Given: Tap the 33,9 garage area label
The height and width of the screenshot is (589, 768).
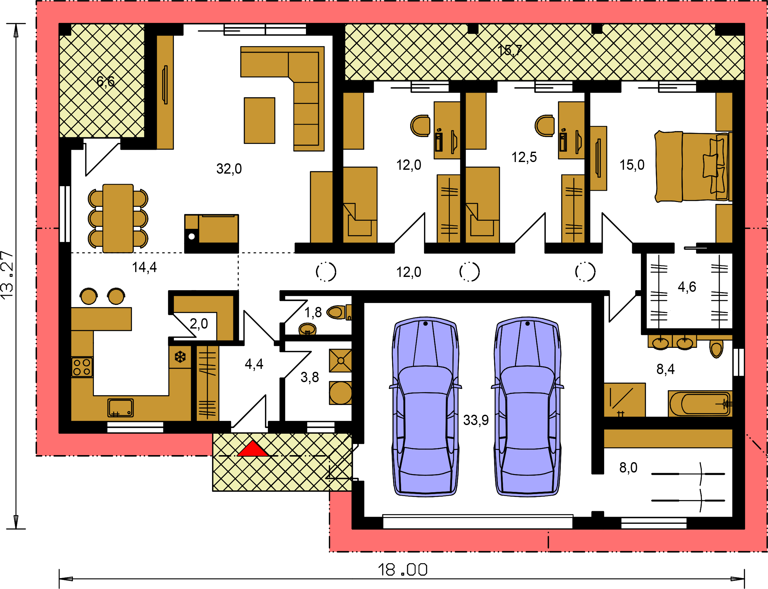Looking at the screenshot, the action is tap(476, 420).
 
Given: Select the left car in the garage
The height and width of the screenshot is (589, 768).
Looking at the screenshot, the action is tap(425, 407).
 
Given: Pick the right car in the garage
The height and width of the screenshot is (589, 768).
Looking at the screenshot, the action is tap(527, 407).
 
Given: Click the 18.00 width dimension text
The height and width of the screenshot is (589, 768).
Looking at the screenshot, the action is tap(402, 570).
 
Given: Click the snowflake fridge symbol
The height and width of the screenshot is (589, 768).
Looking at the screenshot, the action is tap(180, 357).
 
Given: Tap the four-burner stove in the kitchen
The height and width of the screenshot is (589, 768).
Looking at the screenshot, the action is tap(82, 367).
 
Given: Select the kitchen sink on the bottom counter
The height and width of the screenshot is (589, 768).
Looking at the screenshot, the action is tap(120, 408).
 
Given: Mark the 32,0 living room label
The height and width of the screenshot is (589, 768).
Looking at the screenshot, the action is tap(229, 169).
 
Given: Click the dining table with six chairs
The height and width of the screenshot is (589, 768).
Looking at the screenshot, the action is tap(118, 218).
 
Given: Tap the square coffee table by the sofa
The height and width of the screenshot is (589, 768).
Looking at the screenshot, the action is tap(259, 121).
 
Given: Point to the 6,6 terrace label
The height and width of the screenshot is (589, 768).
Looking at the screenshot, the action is tap(106, 82).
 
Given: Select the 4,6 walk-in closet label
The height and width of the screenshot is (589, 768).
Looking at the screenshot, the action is tap(687, 287).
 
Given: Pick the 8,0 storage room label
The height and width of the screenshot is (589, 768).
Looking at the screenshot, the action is tap(628, 467).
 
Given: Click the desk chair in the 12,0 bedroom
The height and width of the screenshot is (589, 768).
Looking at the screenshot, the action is tap(420, 126).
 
